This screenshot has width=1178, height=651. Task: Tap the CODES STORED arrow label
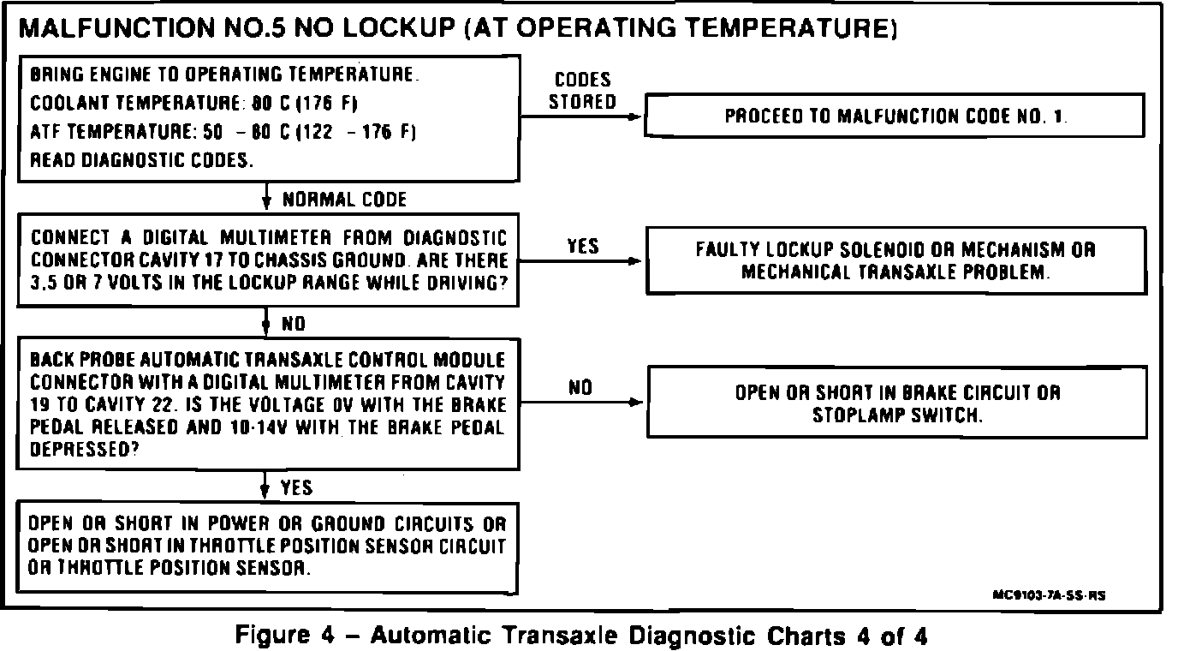(582, 91)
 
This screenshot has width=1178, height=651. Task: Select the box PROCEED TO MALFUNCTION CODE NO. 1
(895, 116)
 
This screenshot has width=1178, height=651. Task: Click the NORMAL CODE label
(343, 200)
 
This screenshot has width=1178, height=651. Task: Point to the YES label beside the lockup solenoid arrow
(582, 248)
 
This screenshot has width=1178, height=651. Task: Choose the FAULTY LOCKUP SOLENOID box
(895, 261)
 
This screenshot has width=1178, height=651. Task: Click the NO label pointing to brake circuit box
(580, 388)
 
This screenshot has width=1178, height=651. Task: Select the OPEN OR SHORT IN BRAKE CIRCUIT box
(897, 403)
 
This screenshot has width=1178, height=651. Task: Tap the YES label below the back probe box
(296, 488)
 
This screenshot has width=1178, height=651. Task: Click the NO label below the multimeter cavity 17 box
(294, 325)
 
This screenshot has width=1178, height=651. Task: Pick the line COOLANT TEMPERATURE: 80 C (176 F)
(193, 104)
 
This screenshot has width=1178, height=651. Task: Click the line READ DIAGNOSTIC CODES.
(141, 159)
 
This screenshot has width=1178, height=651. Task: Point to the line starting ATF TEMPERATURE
(223, 132)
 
